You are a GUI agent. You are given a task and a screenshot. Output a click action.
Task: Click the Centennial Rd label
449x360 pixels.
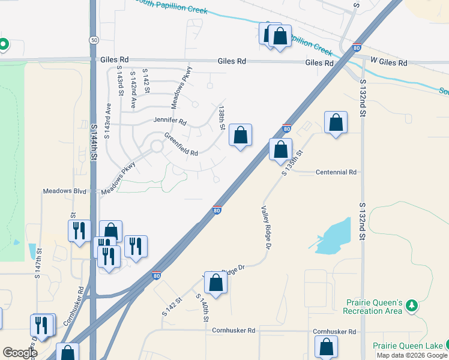(336, 172)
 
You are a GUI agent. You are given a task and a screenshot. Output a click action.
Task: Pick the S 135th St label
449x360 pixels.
(292, 163)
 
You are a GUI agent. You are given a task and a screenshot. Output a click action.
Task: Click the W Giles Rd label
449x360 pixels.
(388, 62)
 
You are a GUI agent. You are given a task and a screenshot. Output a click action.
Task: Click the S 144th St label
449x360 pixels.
(94, 141)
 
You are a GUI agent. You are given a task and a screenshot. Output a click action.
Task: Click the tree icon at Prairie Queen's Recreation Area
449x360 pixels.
(412, 306)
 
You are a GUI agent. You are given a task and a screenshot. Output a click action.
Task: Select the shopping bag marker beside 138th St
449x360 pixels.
(240, 135)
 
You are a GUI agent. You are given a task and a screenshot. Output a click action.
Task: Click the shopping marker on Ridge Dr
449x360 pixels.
(216, 282)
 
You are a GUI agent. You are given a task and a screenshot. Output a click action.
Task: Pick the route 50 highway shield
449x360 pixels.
(94, 40)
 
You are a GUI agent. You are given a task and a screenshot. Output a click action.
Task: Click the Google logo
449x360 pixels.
(20, 353)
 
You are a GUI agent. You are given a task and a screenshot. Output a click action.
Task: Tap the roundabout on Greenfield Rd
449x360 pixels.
(157, 146)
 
